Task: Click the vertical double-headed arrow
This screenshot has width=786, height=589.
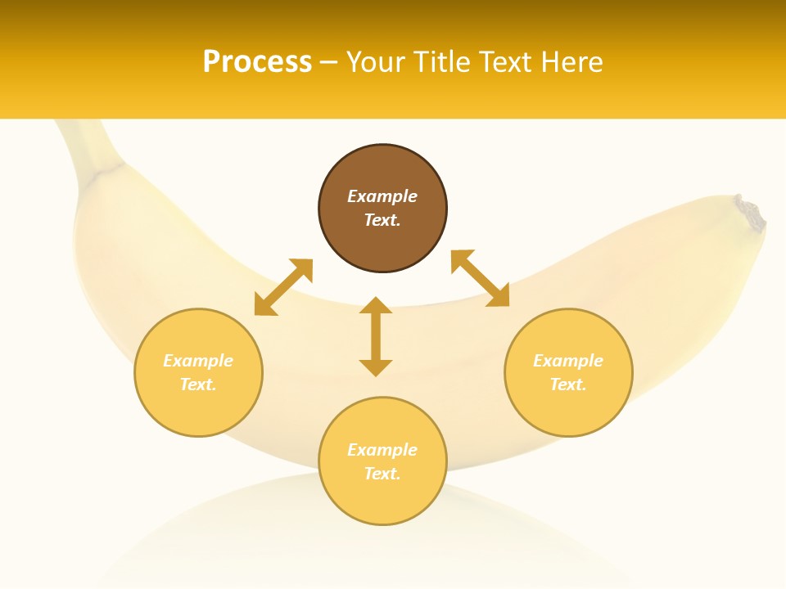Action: pos(376,336)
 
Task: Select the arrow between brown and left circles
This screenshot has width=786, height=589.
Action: pos(283,286)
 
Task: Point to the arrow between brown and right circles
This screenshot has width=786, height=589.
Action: pos(481,278)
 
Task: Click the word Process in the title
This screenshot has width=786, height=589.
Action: pos(257,61)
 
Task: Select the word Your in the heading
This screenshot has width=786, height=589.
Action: pos(374,61)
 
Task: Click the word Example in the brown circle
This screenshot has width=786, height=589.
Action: pos(382,196)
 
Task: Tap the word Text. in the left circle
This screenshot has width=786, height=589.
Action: pos(198,384)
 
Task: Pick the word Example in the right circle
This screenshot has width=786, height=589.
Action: pos(568,361)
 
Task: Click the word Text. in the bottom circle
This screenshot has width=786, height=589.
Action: pos(382,474)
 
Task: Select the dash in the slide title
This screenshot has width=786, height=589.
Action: pos(328,62)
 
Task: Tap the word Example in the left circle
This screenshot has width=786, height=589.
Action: pos(198,361)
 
